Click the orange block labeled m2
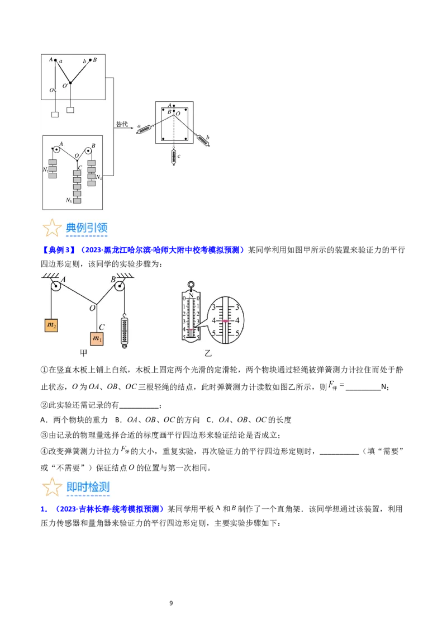(x=51, y=325)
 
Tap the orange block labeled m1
(x=97, y=338)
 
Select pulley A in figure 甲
(x=56, y=286)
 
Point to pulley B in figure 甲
(x=119, y=286)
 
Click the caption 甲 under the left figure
(x=83, y=353)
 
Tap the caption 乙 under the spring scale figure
(x=208, y=353)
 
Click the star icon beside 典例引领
(x=52, y=228)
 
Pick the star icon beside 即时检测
(x=52, y=487)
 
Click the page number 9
(x=171, y=603)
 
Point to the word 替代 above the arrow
(x=122, y=124)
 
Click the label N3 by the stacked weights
(x=69, y=200)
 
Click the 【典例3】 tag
(x=58, y=250)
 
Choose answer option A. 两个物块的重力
(x=74, y=420)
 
